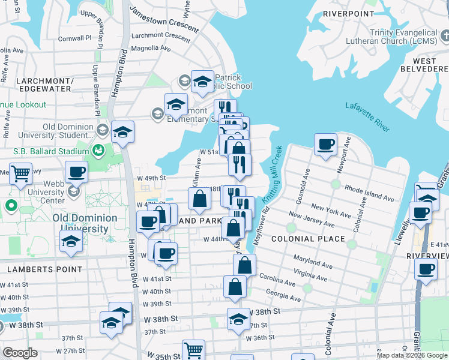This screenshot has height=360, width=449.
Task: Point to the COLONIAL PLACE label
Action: click(x=309, y=239)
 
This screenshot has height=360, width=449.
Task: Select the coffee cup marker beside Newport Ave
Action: click(x=326, y=145)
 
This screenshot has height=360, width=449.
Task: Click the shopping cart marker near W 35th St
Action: click(x=193, y=350)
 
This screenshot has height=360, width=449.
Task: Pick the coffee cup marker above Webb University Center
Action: click(x=76, y=172)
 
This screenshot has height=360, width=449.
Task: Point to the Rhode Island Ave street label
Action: click(x=370, y=193)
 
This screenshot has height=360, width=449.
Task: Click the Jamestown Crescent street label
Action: click(x=164, y=20)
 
